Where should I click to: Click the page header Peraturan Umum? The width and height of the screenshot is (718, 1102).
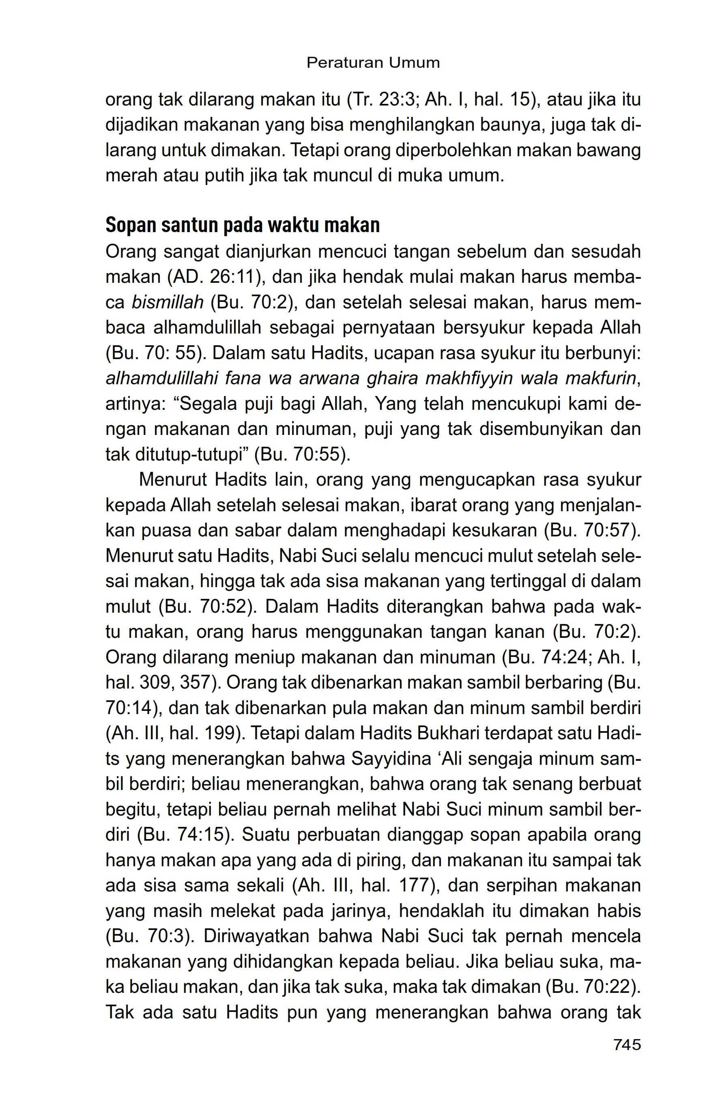coord(373,62)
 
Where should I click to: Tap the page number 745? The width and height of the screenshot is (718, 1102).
coord(627,1044)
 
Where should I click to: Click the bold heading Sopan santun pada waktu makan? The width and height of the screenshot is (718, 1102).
coord(243,226)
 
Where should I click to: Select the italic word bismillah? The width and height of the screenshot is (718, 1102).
coord(168,303)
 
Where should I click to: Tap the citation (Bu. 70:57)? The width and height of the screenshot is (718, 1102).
coord(593,531)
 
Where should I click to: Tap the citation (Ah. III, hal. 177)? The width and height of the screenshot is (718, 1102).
coord(366,886)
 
